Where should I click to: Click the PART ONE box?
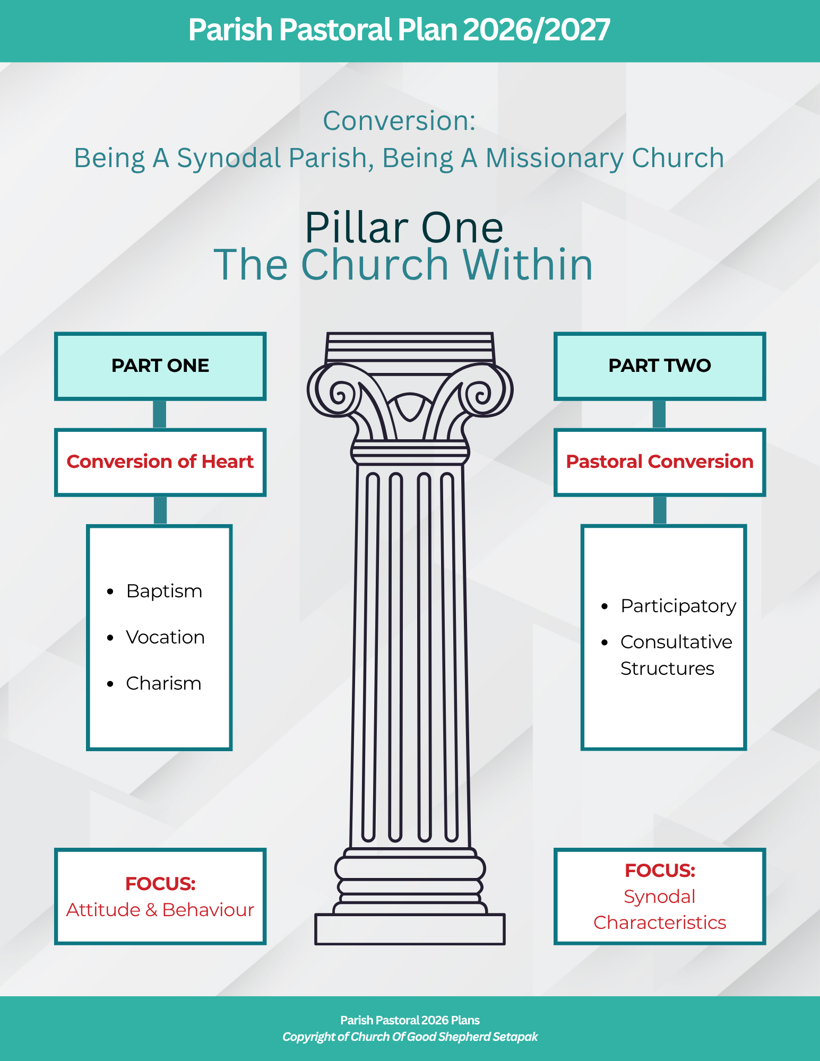coord(160,366)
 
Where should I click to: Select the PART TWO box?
coord(659,366)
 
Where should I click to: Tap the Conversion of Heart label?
coord(160,462)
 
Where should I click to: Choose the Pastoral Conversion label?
coord(659,462)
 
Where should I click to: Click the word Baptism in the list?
coord(164,592)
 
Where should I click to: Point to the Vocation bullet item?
coord(165,637)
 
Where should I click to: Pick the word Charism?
coord(163,683)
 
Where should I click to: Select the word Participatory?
coord(678,606)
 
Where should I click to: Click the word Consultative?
coord(676,642)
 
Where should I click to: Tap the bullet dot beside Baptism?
coord(110,592)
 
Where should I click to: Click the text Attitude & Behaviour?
coord(160,910)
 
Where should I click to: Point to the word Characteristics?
coord(659,923)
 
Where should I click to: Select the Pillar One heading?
coord(404,228)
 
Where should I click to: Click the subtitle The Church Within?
coord(403,264)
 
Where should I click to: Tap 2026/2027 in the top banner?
coord(537,30)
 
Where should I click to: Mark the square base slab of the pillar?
coord(410,929)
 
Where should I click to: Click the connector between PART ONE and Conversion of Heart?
coord(159,414)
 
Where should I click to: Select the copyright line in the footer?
coord(410,1037)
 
